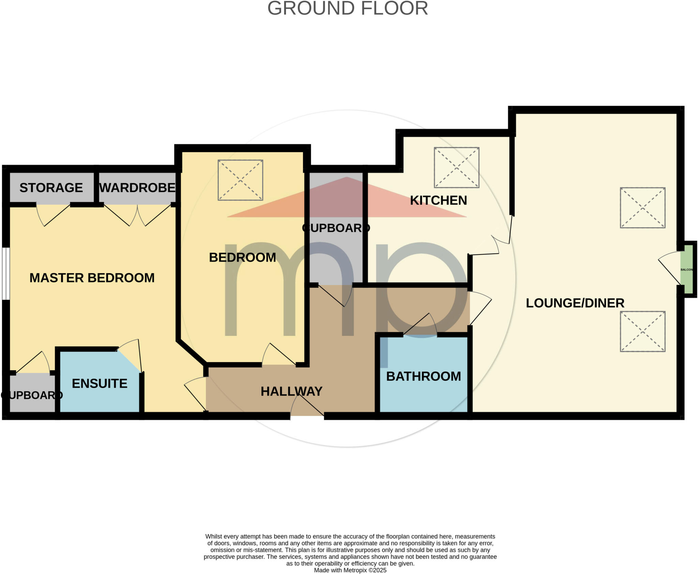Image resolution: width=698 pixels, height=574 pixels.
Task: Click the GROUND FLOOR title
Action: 347,9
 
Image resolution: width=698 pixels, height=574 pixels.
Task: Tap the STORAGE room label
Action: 51,188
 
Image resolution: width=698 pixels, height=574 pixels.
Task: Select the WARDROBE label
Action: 137,188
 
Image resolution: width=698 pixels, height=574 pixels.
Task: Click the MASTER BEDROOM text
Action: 92,278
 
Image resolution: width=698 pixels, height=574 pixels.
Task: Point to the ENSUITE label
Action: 100,384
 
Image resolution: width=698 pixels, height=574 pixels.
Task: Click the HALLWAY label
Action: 291,391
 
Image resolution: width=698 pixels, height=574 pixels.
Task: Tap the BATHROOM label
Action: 423,376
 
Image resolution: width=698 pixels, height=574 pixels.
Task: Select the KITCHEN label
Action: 438,200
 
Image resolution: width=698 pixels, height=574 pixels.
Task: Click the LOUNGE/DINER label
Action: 575,303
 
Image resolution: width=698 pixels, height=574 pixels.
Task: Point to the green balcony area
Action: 686,269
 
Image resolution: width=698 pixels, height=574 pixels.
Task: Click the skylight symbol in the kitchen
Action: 456,167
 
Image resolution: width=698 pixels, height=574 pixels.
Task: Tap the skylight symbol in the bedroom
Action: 240,180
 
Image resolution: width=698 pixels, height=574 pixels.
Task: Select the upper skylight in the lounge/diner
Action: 642,207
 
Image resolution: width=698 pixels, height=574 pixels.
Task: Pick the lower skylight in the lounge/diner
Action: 642,331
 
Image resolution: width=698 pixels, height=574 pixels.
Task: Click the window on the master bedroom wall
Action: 5,274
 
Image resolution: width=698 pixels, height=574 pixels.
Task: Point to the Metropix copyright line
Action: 350,570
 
